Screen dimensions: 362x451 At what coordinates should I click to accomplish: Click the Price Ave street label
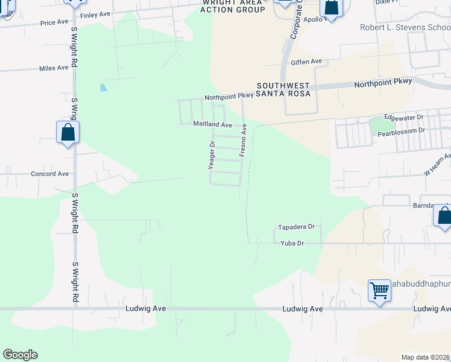coord(54,22)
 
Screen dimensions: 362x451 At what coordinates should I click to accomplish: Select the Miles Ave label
coord(54,68)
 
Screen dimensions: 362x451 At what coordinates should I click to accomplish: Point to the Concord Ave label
coord(50,174)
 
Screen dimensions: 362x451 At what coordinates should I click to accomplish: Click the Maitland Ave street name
coord(212,124)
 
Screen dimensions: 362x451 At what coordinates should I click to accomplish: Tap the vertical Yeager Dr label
coord(212,154)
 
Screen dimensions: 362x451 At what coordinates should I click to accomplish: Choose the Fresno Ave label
coord(244,141)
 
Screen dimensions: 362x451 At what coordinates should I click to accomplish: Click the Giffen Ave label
coord(307,62)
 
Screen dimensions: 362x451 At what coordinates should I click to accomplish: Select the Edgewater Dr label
coord(405,116)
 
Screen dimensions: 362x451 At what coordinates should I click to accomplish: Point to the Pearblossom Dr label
coord(402,130)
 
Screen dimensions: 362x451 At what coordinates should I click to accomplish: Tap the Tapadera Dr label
coord(296,227)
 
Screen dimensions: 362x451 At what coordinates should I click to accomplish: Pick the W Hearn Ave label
coord(437,164)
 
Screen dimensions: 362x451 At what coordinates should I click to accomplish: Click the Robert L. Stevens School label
coord(405,27)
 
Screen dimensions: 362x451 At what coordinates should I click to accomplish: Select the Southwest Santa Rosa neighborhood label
coord(283,89)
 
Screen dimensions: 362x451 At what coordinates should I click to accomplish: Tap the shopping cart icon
coord(379,290)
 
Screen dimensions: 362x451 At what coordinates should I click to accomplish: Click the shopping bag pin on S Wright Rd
coord(68,132)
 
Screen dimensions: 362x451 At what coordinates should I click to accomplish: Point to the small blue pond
coord(103,87)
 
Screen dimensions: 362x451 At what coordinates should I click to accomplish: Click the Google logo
coord(20,355)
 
